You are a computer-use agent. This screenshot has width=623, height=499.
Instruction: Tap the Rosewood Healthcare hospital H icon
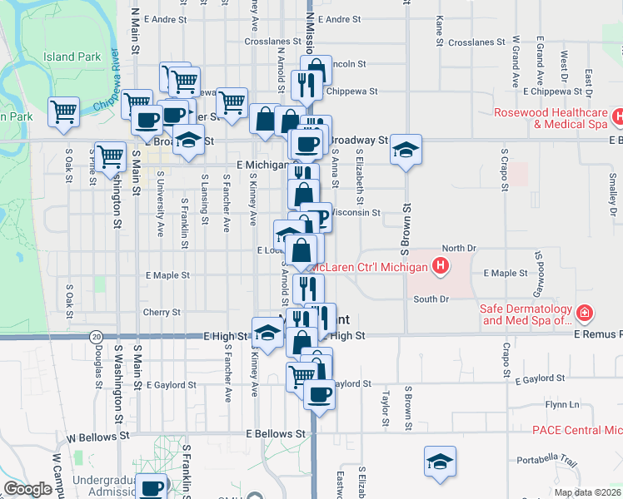tap(618, 118)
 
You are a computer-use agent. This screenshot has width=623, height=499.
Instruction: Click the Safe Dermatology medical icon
tap(586, 314)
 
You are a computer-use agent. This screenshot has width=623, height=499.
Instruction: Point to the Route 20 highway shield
tap(97, 336)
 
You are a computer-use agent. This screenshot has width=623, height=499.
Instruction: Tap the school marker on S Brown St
tap(406, 150)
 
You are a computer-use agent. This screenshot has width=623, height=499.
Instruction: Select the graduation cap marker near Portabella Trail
tap(440, 463)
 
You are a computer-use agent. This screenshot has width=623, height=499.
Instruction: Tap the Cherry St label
tap(162, 313)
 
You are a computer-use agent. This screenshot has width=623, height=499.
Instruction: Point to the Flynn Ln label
tap(562, 404)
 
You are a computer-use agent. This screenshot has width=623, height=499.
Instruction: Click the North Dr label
tap(458, 248)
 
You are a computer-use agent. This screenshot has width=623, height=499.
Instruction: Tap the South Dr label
tap(431, 299)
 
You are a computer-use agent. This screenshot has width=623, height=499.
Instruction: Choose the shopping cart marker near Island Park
tap(63, 112)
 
